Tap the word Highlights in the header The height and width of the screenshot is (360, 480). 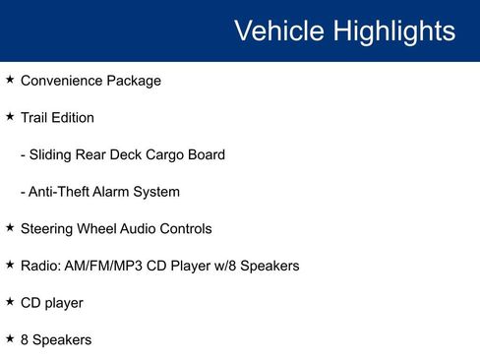394,30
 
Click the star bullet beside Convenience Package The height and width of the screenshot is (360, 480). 10,79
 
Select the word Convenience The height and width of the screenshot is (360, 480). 63,81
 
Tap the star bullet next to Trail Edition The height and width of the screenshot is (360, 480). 10,116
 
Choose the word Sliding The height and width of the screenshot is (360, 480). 52,154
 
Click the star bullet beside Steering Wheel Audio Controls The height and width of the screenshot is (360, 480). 10,227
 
